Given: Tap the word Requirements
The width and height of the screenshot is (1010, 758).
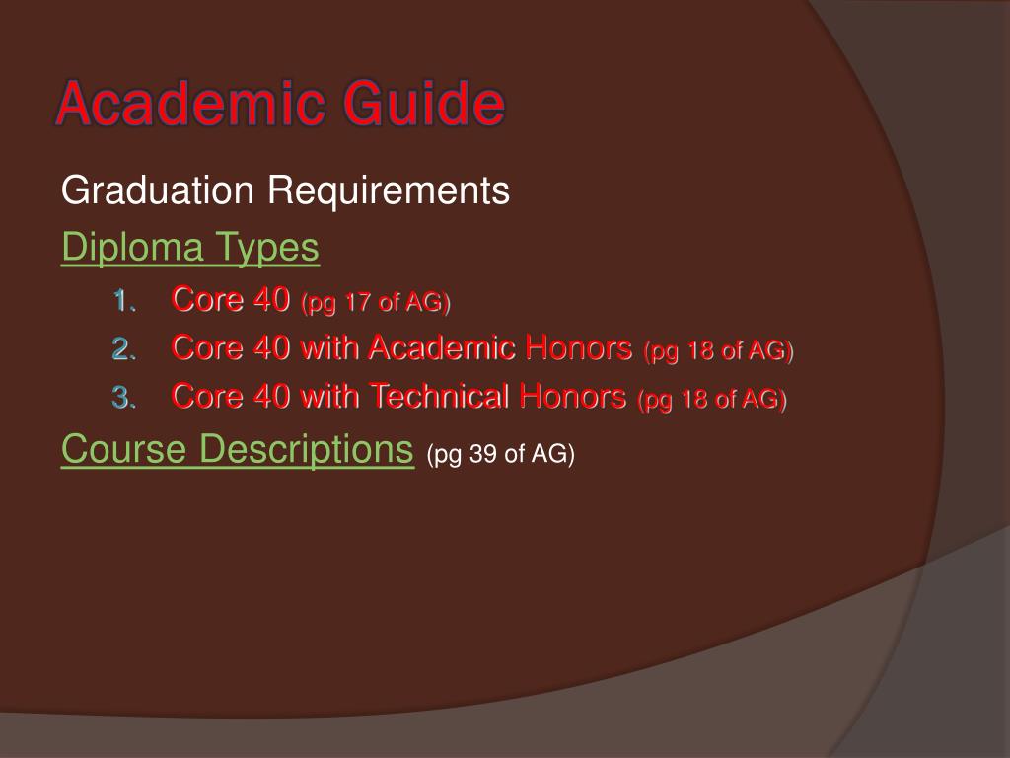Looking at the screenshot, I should coord(391,190).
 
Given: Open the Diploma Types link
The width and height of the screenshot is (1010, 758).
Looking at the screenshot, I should coord(190,249).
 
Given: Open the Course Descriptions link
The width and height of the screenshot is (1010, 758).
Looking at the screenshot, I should coord(237,450).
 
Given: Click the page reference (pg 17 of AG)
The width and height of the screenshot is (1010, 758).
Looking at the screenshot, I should coord(375,302).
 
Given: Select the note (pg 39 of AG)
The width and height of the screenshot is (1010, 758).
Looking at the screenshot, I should coord(500,454).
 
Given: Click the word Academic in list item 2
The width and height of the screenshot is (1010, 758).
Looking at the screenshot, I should coord(442,347).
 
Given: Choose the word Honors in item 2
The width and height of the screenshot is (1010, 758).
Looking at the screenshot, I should coord(579,347).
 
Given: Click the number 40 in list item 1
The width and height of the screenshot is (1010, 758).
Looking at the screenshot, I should coord(271,299).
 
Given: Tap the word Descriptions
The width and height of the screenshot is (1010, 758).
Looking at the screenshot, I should coord(307,450).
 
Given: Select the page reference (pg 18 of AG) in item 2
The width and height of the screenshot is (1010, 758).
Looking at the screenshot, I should coord(718,350).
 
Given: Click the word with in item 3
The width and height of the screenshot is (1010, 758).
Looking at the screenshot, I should coord(330,397).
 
